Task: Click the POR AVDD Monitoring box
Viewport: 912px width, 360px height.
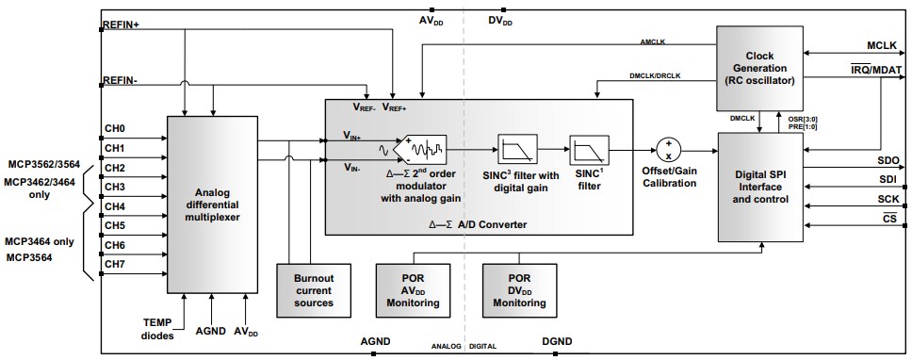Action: pos(413,289)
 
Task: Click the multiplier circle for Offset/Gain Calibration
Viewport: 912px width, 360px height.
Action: pos(668,149)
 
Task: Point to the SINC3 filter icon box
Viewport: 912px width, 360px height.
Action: pos(516,148)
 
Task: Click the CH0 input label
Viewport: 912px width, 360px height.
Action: pos(115,129)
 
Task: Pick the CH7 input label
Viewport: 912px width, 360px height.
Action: pos(115,265)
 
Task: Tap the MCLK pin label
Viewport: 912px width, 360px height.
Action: pos(883,45)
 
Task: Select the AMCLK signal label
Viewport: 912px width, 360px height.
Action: pos(654,41)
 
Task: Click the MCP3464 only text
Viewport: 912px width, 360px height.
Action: pos(38,242)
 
